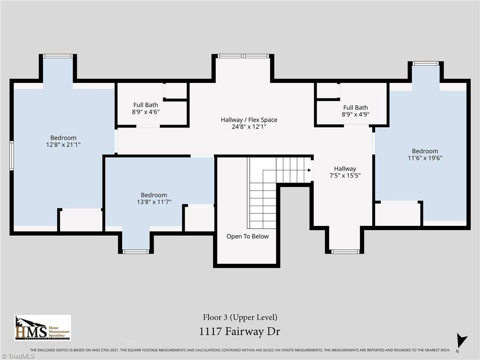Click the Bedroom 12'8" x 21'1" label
63,141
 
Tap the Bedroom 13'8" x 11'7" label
154,198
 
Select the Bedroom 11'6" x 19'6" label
425,154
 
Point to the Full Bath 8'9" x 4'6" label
145,108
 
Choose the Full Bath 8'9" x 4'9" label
355,111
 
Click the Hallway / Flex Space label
249,123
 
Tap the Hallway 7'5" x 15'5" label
345,172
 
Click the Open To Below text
247,236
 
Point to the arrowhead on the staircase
309,170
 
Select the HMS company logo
43,328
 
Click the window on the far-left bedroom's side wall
12,156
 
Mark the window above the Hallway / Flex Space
243,56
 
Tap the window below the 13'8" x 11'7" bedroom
136,252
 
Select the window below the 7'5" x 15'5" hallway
345,252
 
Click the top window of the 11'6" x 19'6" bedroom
426,63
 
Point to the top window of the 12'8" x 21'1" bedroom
58,56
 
